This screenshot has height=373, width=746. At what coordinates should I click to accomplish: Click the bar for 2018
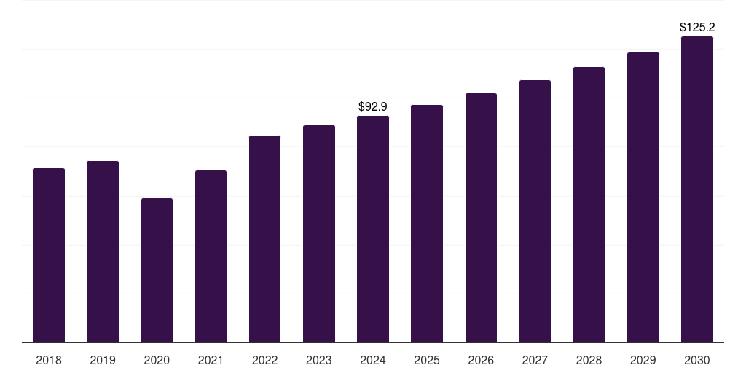tap(49, 255)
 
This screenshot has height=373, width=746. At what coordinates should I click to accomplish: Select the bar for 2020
tap(157, 270)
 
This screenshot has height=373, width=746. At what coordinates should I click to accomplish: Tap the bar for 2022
tap(264, 239)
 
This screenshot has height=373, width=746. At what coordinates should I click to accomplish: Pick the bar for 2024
tap(373, 229)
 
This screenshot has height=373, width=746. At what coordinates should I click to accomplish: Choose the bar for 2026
tap(481, 218)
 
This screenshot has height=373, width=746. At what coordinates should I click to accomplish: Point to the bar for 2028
tap(589, 205)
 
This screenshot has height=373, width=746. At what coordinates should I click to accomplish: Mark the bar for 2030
tap(697, 189)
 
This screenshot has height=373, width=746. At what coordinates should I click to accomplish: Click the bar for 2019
tap(103, 251)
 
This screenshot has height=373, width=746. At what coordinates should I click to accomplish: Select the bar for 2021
tap(211, 256)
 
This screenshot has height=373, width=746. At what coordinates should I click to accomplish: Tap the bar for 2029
tap(643, 197)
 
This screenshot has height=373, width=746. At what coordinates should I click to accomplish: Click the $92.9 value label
tap(373, 107)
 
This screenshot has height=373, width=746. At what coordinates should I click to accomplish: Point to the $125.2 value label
tap(697, 28)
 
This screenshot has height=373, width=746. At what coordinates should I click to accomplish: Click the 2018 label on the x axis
tap(49, 360)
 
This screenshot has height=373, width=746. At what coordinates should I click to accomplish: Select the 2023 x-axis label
tap(319, 360)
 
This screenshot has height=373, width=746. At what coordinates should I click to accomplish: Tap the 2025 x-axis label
tap(427, 360)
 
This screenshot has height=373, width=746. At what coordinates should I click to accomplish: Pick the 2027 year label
tap(535, 360)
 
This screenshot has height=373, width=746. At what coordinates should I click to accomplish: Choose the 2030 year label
tap(697, 360)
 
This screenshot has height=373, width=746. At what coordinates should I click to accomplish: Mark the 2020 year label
tap(157, 360)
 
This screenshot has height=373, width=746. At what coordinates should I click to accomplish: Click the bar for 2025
tap(427, 224)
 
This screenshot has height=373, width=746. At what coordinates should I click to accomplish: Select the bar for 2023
tap(319, 234)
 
